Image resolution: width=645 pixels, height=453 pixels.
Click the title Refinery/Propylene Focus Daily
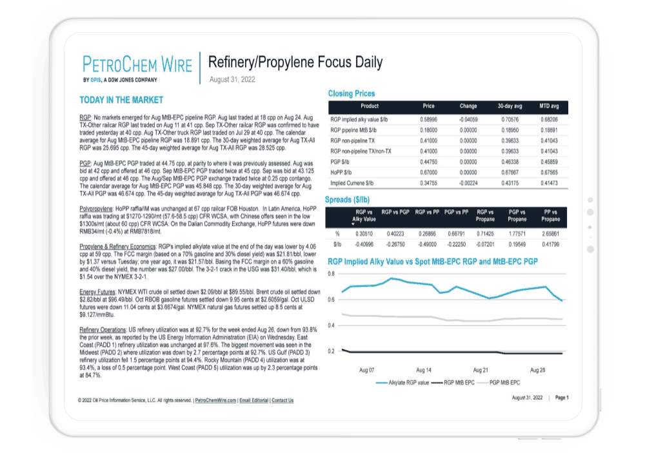tap(295, 62)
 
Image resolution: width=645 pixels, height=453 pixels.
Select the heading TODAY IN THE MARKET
tap(121, 100)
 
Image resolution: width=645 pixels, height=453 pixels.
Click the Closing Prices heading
tap(352, 93)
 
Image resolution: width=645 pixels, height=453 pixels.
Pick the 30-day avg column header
tap(510, 106)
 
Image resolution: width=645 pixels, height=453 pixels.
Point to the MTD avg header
tap(549, 106)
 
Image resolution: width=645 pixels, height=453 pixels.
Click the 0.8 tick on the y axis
tap(331, 274)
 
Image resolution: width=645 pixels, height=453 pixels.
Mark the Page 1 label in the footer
tap(562, 398)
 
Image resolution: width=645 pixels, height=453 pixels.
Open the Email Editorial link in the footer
tap(254, 400)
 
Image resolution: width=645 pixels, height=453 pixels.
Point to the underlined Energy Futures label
tap(97, 291)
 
